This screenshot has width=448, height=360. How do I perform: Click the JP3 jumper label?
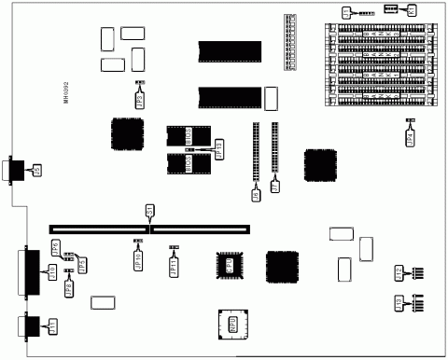[140, 97]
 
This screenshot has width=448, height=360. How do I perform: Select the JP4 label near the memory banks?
[410, 138]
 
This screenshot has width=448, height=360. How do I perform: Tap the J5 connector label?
[37, 171]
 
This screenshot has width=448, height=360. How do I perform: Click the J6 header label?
[256, 195]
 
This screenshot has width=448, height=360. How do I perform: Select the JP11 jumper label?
[174, 266]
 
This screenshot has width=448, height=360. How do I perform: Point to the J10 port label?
[52, 270]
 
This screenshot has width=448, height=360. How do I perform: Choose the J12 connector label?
[399, 273]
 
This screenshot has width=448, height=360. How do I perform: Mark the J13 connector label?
[399, 303]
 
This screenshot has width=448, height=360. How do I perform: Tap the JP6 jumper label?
[55, 248]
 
